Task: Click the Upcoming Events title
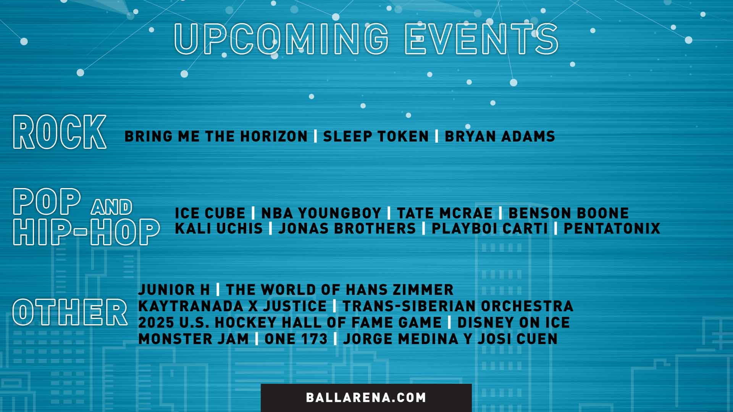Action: click(x=366, y=39)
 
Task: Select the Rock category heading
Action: click(x=60, y=132)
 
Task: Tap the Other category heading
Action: click(x=70, y=312)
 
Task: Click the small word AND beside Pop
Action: click(x=111, y=207)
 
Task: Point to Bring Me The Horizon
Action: click(x=216, y=137)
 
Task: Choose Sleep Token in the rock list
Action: click(x=376, y=137)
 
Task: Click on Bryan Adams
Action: click(x=500, y=137)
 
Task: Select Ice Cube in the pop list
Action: click(x=210, y=213)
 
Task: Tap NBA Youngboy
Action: click(x=321, y=213)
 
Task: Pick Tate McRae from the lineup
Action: click(x=445, y=213)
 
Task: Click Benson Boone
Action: click(x=568, y=213)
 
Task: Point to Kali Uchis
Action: click(x=219, y=229)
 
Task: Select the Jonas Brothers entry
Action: click(x=347, y=229)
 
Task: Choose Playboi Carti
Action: click(x=489, y=229)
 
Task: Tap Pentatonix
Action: click(x=612, y=229)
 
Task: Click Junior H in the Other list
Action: click(x=174, y=290)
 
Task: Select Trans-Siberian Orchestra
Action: click(x=458, y=306)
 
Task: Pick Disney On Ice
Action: click(x=513, y=323)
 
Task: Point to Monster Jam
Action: click(x=193, y=339)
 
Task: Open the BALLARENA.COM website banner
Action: click(x=366, y=398)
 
